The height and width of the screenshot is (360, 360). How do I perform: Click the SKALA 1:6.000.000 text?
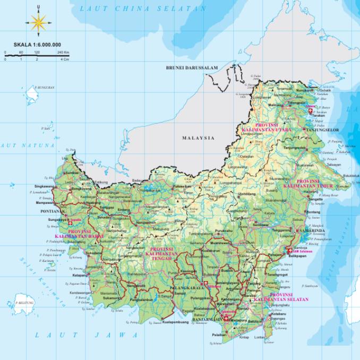[37, 45]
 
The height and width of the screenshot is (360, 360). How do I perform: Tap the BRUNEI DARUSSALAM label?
[192, 68]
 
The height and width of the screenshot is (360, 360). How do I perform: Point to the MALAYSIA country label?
[199, 138]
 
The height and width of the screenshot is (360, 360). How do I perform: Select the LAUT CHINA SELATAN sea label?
[142, 8]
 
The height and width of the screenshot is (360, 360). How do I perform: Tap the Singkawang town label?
[45, 186]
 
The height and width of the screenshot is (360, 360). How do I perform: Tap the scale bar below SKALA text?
[37, 55]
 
